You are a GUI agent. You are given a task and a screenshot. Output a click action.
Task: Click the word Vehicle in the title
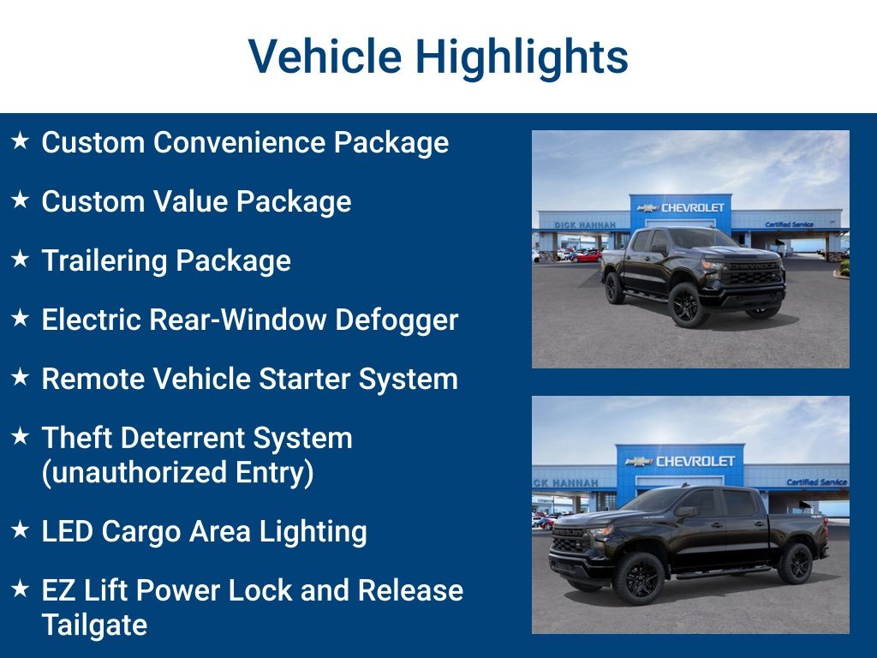tap(325, 57)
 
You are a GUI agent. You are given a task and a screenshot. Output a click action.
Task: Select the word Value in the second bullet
tap(191, 201)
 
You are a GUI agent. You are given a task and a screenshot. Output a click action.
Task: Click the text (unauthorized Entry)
tap(177, 472)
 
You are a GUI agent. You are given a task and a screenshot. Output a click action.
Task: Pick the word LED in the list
tap(68, 531)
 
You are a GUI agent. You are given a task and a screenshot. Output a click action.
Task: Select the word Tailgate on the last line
tap(94, 625)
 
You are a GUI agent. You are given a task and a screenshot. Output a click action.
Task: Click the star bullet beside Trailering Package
tap(21, 259)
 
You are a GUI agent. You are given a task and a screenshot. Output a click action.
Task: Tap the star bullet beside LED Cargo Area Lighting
tap(21, 529)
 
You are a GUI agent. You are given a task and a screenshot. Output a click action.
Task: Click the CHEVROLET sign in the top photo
tap(692, 207)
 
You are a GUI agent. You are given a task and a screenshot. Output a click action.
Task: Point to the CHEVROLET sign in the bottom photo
tap(695, 461)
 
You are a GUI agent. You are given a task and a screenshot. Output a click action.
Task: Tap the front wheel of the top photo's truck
tap(688, 305)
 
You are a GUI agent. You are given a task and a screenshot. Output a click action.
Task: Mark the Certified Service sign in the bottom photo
tap(816, 482)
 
